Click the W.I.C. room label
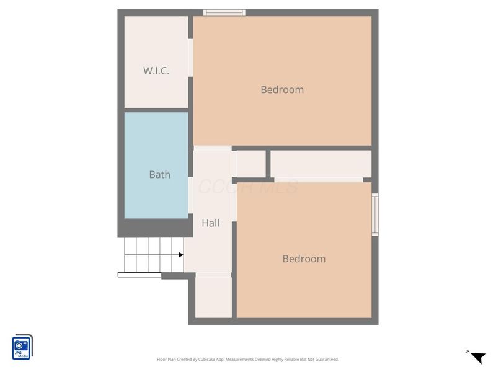tap(156, 71)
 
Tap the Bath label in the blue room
tap(159, 175)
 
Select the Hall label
tap(211, 223)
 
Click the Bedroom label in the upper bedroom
tap(282, 89)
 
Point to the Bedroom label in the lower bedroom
tap(304, 259)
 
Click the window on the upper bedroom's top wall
tap(225, 12)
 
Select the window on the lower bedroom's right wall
tap(375, 215)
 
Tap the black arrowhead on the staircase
tap(180, 255)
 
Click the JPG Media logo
tap(22, 347)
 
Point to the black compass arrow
tap(478, 357)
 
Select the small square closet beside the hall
tap(251, 164)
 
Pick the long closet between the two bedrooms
tap(321, 164)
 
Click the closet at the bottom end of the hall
tap(213, 296)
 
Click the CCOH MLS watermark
tap(248, 187)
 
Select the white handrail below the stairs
tap(139, 275)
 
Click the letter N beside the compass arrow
tap(466, 352)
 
